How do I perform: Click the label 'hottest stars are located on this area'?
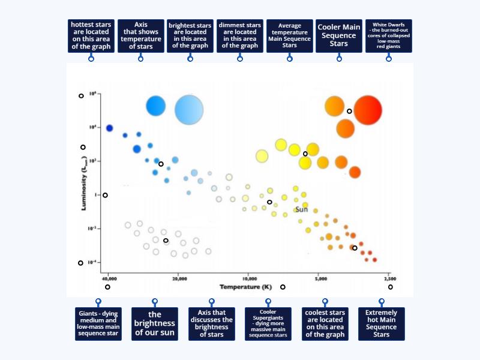click(91, 36)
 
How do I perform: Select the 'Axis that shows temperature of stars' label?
click(141, 36)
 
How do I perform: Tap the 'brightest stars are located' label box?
click(190, 36)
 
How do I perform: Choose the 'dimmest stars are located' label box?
click(240, 36)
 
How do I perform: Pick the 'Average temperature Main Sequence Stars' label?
click(290, 36)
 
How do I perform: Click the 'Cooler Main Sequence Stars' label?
click(339, 36)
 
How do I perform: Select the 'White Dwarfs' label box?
click(389, 36)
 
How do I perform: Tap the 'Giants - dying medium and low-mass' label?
click(98, 324)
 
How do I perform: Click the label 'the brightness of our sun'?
click(155, 324)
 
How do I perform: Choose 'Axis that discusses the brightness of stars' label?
click(211, 324)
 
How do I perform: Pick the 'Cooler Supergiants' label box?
click(268, 324)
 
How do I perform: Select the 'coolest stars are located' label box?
click(325, 324)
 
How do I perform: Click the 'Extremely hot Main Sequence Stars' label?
click(382, 324)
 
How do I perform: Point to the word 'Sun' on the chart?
click(301, 209)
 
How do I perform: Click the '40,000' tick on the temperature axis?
click(109, 279)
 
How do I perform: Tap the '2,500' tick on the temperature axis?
click(389, 279)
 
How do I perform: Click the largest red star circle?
click(368, 110)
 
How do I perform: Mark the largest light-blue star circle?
click(190, 110)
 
